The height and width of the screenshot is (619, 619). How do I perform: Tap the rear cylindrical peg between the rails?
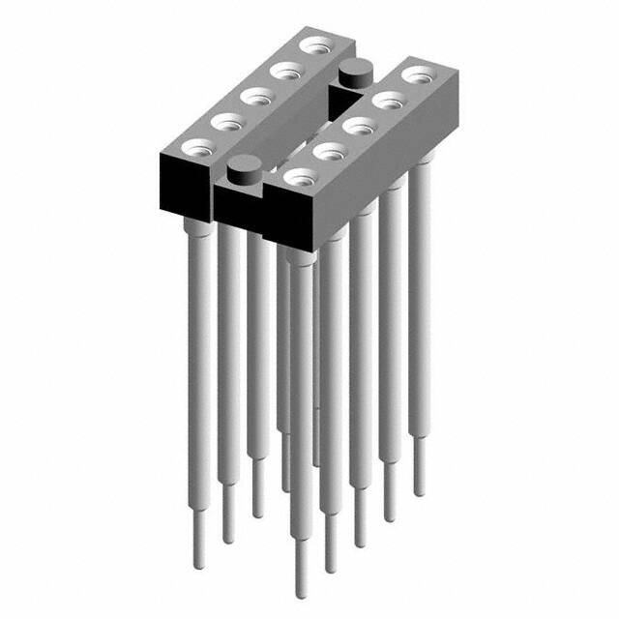(355, 71)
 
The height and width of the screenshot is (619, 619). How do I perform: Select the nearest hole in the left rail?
(198, 147)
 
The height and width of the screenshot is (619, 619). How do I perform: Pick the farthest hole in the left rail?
(313, 44)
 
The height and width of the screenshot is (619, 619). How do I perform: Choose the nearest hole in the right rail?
(300, 176)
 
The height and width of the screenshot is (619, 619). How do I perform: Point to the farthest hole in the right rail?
(417, 73)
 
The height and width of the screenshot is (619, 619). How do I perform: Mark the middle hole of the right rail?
(358, 124)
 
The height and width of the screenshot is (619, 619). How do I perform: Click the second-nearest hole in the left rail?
(227, 121)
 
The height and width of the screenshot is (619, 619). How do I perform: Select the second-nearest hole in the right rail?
(329, 150)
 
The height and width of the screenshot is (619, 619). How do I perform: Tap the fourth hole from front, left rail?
(284, 70)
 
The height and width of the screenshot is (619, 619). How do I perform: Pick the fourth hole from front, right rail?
(387, 98)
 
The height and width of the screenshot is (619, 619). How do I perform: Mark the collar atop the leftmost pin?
(195, 226)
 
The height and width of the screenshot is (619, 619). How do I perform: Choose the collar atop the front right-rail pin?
(300, 255)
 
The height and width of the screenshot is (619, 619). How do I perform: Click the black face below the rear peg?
(343, 95)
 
